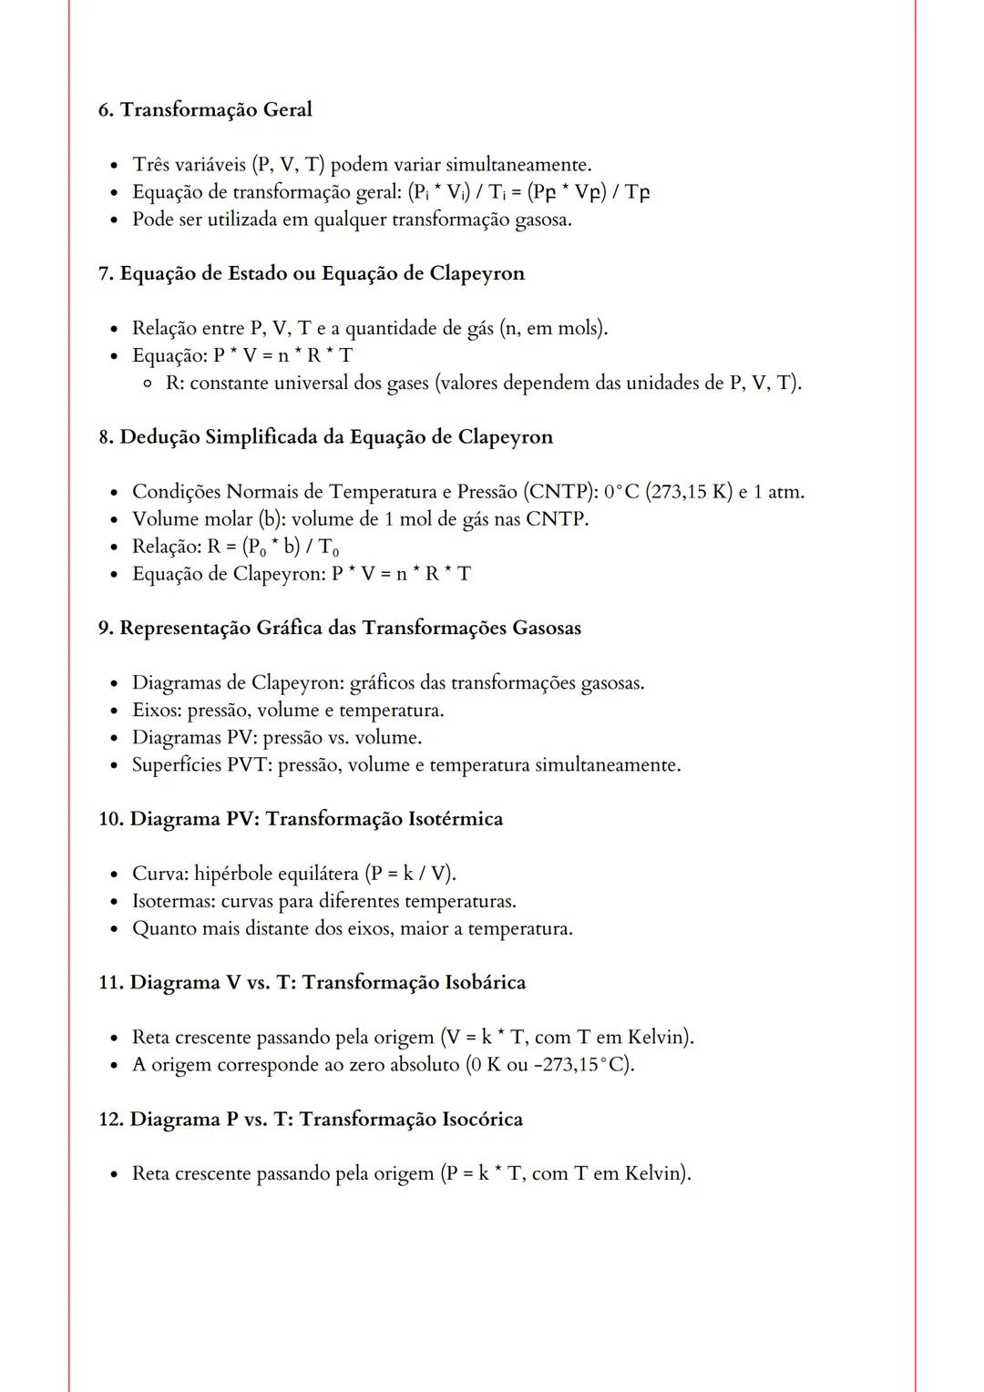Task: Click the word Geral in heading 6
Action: point(287,110)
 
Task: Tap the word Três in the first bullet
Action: point(151,165)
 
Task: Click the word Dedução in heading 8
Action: point(159,437)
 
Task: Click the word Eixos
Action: point(156,711)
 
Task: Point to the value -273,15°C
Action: point(581,1065)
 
